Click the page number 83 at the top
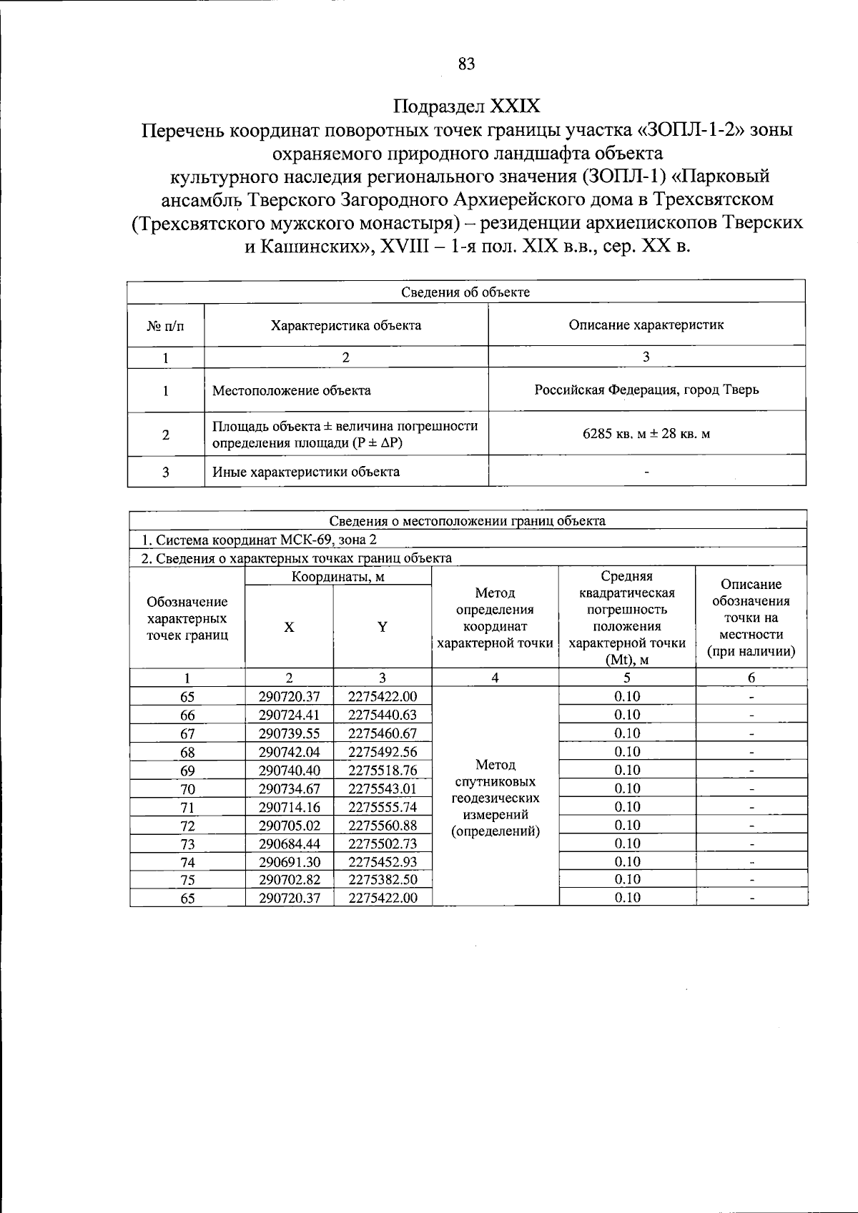click(466, 64)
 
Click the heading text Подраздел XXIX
click(467, 107)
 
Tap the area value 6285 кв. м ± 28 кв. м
click(646, 433)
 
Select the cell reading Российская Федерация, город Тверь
click(646, 390)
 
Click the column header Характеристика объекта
click(345, 325)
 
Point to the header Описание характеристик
click(646, 325)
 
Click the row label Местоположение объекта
click(292, 390)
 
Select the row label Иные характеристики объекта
click(306, 472)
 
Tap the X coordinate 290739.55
click(289, 733)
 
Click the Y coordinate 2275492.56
click(383, 752)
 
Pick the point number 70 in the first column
click(187, 789)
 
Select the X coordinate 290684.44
click(289, 844)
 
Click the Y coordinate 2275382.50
click(383, 880)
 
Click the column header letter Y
click(383, 627)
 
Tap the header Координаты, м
click(338, 576)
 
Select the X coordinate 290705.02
click(289, 826)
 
